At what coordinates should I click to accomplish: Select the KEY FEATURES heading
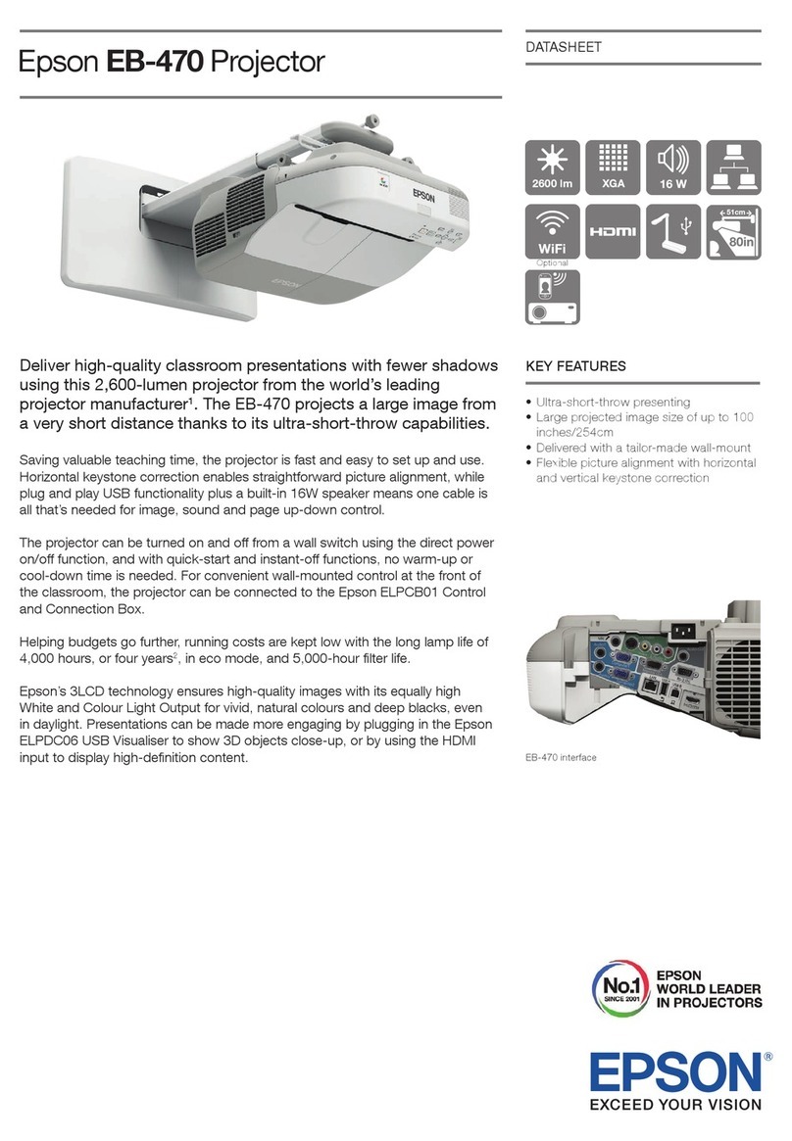tap(576, 367)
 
